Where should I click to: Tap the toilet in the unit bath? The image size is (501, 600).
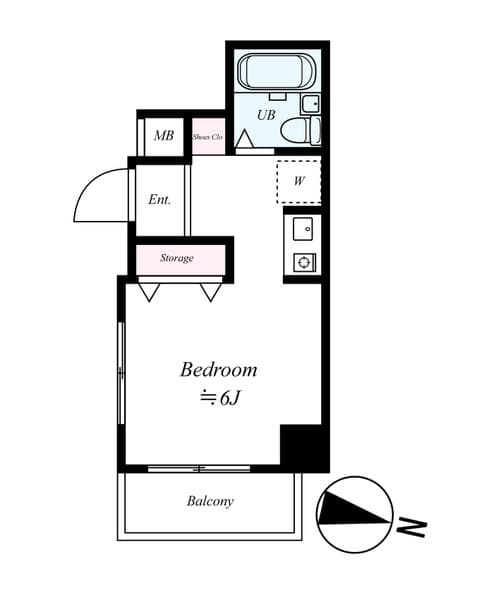click(297, 130)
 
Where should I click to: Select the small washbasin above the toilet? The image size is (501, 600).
click(310, 103)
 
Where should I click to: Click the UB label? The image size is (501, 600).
click(265, 115)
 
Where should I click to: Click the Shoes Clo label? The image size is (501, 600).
click(207, 137)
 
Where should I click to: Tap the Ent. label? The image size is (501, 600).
click(160, 199)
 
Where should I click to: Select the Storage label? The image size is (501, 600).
click(177, 258)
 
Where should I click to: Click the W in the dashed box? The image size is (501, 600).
click(299, 181)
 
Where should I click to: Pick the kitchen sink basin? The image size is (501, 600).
click(302, 230)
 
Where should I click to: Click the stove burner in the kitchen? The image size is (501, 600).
click(302, 262)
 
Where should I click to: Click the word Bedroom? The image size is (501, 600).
click(218, 370)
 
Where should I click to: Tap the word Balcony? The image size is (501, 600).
click(210, 501)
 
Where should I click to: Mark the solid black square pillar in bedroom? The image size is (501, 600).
click(303, 447)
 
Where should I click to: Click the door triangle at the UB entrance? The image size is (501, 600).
click(243, 142)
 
